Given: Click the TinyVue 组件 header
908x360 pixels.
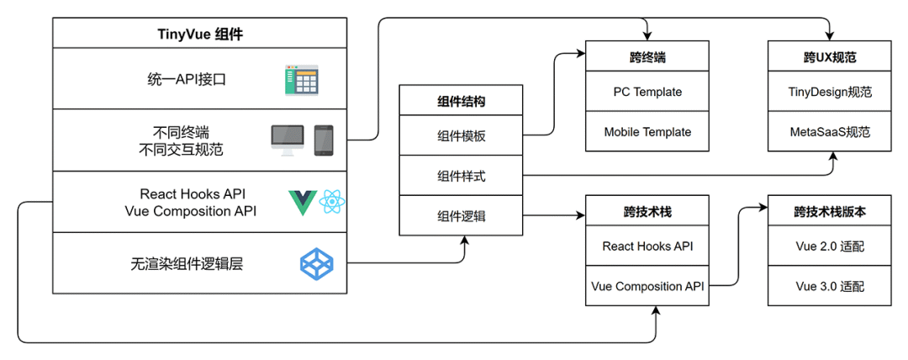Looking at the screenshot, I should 200,34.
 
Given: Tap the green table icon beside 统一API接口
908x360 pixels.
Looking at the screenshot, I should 303,81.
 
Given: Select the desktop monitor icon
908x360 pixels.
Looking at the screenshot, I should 287,140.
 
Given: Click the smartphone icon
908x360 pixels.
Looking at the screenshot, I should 324,140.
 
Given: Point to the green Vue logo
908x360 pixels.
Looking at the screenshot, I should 301,203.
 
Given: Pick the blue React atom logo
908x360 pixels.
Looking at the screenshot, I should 332,203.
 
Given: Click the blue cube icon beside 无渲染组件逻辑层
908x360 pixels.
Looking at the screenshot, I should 316,264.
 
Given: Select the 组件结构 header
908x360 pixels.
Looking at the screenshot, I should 461,101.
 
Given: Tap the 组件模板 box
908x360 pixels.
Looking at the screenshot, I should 461,137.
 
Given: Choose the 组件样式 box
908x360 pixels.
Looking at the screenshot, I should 461,177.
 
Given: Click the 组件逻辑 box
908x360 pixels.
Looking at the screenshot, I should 461,215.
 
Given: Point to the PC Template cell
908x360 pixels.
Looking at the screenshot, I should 647,91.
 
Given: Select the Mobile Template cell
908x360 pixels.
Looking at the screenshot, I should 647,132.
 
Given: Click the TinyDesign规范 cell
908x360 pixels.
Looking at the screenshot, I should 830,91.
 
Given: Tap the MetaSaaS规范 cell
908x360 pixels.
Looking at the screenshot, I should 830,132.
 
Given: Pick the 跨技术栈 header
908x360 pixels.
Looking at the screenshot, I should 647,212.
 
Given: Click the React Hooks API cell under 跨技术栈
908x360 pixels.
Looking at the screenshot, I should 647,246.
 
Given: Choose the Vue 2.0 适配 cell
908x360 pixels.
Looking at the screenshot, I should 830,246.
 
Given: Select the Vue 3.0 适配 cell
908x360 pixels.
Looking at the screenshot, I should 830,287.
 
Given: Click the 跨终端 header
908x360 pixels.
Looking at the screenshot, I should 647,58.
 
